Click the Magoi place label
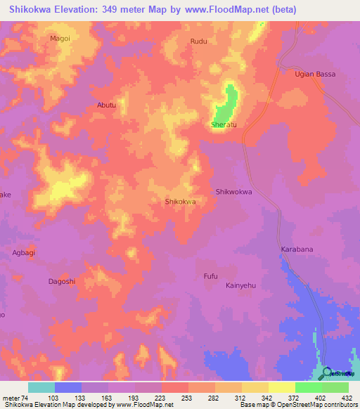(x=60, y=39)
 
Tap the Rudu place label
(x=199, y=41)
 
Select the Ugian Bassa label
(x=315, y=74)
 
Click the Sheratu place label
(x=224, y=125)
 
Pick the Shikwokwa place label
(x=233, y=191)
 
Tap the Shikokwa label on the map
(x=179, y=202)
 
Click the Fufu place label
(x=210, y=275)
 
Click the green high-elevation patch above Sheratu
(x=226, y=102)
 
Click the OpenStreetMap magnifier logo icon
(x=328, y=373)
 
